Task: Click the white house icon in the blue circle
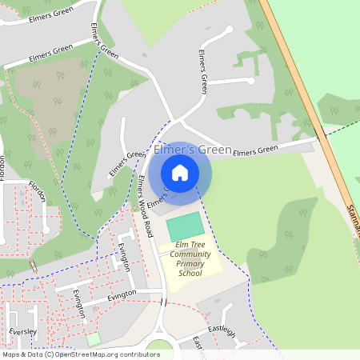pyautogui.click(x=180, y=173)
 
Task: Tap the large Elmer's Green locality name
pyautogui.click(x=192, y=150)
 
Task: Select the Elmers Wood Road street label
pyautogui.click(x=144, y=207)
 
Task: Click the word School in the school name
pyautogui.click(x=189, y=273)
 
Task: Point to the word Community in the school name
pyautogui.click(x=189, y=254)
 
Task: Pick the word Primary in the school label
pyautogui.click(x=190, y=264)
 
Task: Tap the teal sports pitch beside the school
pyautogui.click(x=185, y=226)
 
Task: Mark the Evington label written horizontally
pyautogui.click(x=122, y=295)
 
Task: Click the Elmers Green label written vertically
pyautogui.click(x=203, y=73)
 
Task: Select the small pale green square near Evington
pyautogui.click(x=94, y=339)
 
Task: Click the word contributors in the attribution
pyautogui.click(x=135, y=354)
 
